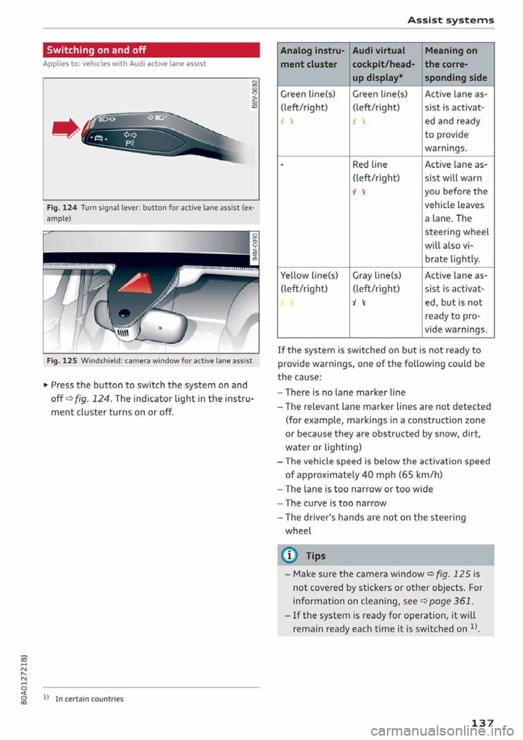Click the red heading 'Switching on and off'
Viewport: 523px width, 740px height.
96,50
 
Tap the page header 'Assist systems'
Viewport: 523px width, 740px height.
451,20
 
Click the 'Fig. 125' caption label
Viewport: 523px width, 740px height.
62,361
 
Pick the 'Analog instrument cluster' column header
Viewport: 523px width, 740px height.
312,58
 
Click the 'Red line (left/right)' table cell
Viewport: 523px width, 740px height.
375,171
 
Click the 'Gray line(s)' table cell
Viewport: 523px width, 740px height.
376,282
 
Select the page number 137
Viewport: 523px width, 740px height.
482,723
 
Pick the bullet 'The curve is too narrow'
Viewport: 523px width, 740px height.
336,503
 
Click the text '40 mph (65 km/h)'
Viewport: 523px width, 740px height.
402,475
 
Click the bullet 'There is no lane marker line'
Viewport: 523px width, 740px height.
345,392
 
